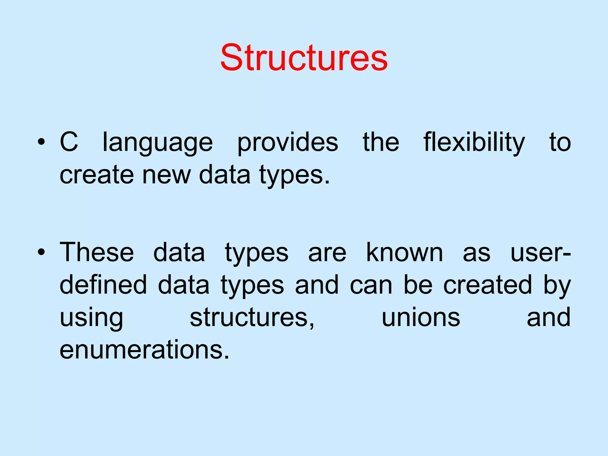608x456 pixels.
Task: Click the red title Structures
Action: [x=304, y=58]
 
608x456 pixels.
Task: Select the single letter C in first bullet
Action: [x=69, y=142]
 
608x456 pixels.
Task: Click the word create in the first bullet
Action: [x=97, y=175]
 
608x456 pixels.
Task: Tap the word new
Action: [x=166, y=175]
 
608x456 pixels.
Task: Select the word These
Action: [x=97, y=252]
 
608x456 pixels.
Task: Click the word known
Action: [x=404, y=252]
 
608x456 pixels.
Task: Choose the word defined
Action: [x=103, y=285]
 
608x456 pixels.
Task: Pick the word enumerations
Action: [x=145, y=350]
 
